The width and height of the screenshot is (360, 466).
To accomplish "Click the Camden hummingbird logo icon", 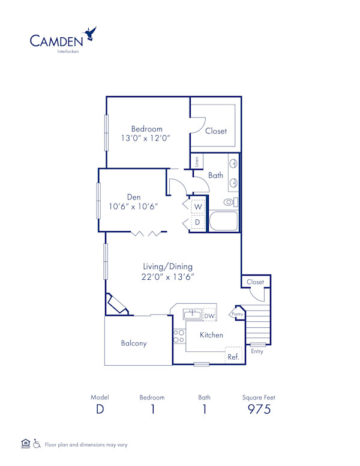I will coord(91,33).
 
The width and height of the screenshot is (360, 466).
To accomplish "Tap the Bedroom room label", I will coord(147,129).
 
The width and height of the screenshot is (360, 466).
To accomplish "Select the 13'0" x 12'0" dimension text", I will coord(147,138).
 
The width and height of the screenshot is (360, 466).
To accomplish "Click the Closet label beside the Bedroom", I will coord(216,131).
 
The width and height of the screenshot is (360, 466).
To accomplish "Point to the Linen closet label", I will coord(197,162).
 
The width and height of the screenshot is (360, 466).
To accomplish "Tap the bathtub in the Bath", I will coord(223,220).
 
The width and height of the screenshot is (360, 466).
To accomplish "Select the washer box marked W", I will coord(197,207).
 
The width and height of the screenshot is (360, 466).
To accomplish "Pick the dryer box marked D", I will coord(197,222).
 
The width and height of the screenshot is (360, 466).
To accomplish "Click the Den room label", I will coord(133,196).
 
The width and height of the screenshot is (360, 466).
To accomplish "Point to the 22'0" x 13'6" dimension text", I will coord(168,276).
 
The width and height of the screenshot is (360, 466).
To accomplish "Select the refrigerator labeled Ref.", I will coord(233,356).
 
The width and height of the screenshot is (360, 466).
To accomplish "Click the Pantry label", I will coord(238,313).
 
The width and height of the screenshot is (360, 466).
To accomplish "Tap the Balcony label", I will coord(134,343).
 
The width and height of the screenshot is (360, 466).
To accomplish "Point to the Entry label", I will coord(257,351).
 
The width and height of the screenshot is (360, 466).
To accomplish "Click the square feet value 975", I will coord(259,410).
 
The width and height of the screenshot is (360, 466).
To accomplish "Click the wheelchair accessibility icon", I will coord(37,444).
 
